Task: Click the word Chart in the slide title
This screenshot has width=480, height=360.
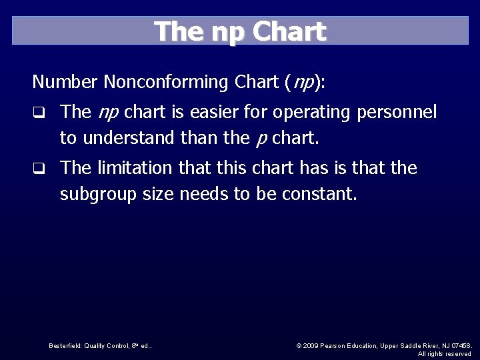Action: pyautogui.click(x=290, y=31)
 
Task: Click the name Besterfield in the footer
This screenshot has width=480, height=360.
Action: pyautogui.click(x=63, y=345)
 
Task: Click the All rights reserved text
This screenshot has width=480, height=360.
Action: pyautogui.click(x=444, y=353)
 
